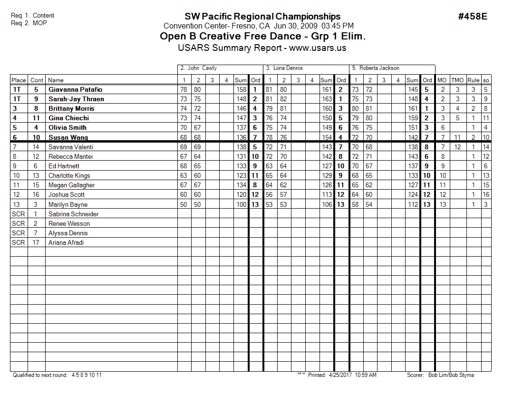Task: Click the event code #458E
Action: click(x=473, y=17)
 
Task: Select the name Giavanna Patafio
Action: click(x=75, y=89)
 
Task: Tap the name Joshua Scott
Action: click(x=66, y=194)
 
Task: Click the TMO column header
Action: click(x=457, y=80)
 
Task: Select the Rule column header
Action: click(x=473, y=80)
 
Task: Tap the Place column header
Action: click(x=19, y=80)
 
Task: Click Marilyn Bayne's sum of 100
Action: click(x=241, y=204)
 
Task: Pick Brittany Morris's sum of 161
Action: click(x=412, y=108)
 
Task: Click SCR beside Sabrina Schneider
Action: click(x=19, y=214)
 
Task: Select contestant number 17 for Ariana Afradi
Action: click(x=36, y=242)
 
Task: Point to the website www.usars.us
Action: click(x=318, y=48)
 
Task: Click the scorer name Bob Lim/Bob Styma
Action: click(x=451, y=375)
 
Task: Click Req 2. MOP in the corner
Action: click(x=29, y=23)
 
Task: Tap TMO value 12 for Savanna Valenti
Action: click(x=457, y=147)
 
